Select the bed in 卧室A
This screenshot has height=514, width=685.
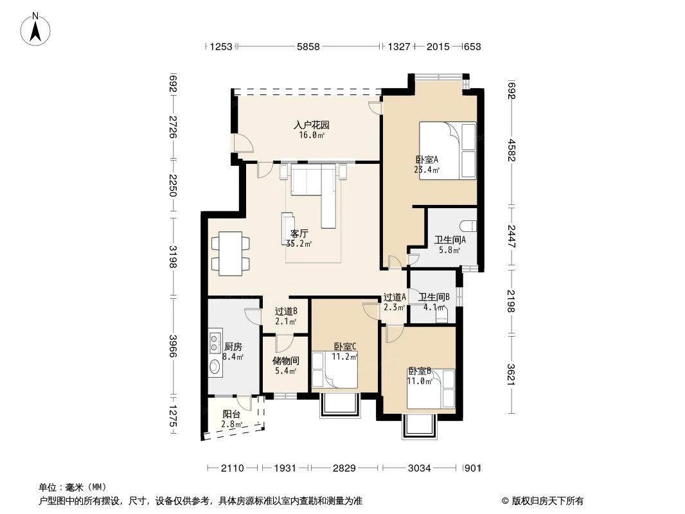[448, 150]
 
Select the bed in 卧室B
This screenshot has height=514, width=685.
[431, 389]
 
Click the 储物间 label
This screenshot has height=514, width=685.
[285, 361]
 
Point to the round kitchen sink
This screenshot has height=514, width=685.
[215, 367]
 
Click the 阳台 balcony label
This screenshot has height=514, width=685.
[232, 414]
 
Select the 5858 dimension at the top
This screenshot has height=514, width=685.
[308, 46]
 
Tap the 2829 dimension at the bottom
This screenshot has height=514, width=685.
[344, 468]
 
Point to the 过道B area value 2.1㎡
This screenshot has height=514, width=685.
[285, 321]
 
